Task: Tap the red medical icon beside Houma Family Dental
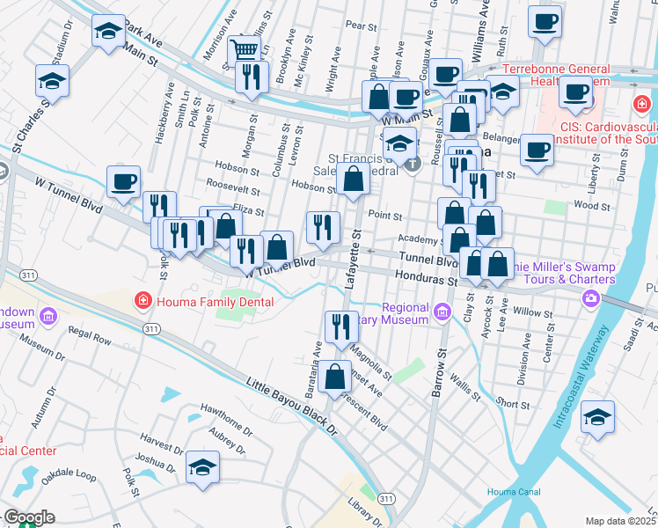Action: pos(143,302)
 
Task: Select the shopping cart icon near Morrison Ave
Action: pos(242,49)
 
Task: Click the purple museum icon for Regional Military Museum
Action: pos(442,311)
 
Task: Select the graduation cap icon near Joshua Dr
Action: pos(202,468)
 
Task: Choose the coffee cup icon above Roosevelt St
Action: pos(123,181)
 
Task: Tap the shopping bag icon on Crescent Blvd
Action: pos(334,377)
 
